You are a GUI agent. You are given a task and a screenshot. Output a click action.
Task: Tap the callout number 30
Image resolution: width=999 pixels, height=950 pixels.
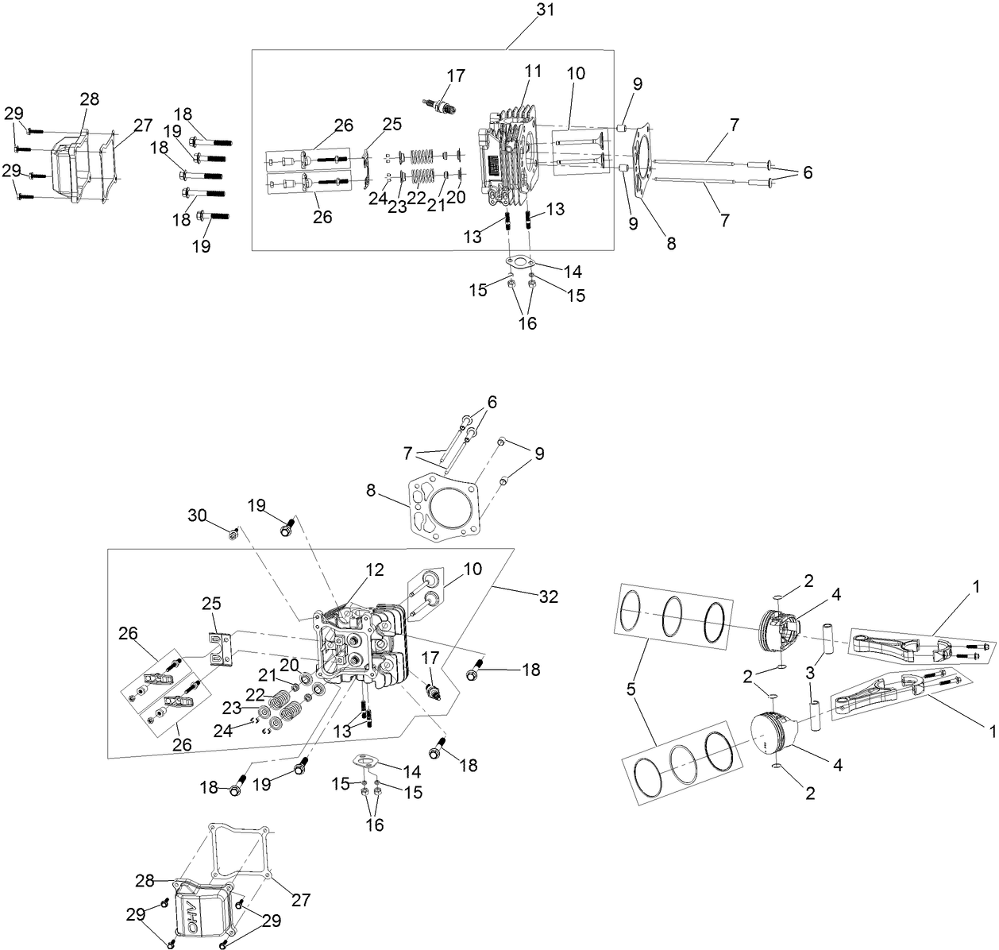(x=197, y=516)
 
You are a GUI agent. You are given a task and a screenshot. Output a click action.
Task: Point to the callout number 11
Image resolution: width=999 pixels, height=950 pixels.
(x=533, y=71)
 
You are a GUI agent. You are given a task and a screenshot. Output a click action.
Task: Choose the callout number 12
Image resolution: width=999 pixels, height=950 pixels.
(x=375, y=570)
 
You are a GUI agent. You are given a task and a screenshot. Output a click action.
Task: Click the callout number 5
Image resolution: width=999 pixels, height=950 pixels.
(x=631, y=689)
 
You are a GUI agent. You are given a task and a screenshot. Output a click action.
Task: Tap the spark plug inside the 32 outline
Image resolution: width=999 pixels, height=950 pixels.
(x=434, y=682)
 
